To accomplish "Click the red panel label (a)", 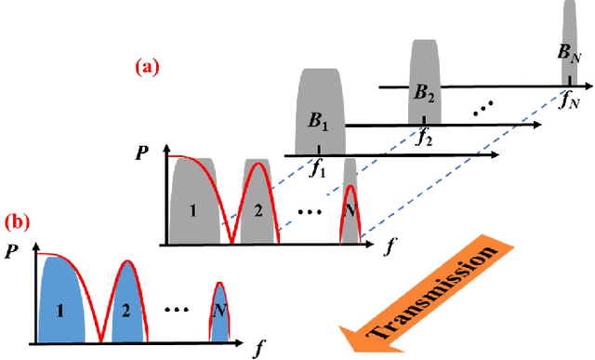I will tap(146, 67).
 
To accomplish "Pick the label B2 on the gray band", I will tap(424, 92).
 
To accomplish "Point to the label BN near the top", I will tap(569, 55).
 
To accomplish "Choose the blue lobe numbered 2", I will tap(124, 307).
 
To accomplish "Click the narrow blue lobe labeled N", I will tap(218, 309).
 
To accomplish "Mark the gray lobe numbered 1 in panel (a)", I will tap(192, 211).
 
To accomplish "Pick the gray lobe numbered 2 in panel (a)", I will tap(257, 211).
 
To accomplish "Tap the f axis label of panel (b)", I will tap(258, 348).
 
